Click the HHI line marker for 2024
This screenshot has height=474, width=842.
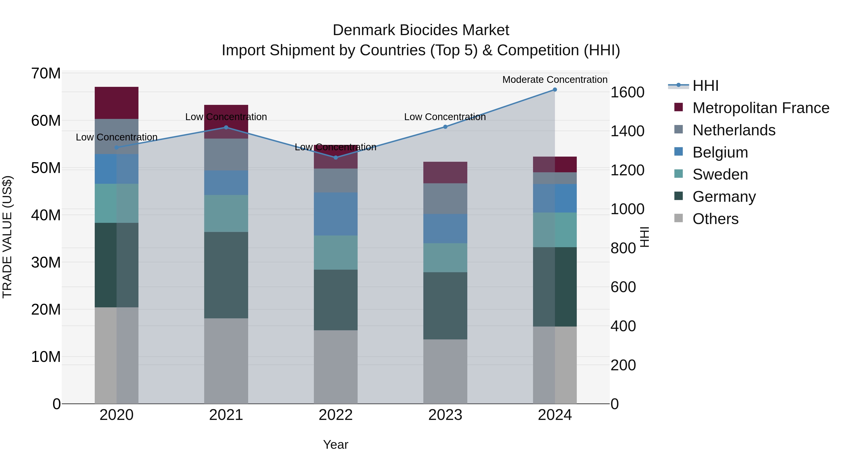pos(555,90)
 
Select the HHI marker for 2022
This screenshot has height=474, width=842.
pos(336,158)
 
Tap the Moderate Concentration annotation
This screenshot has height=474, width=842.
pos(555,80)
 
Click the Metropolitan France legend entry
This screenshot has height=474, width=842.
pos(761,108)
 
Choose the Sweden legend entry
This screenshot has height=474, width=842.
pos(720,174)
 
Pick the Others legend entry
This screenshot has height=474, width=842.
pos(715,219)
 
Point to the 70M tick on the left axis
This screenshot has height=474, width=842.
pos(46,73)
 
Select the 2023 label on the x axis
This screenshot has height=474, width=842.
pos(445,415)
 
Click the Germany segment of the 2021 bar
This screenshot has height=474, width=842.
pos(226,275)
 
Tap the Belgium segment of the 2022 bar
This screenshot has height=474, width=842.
pos(336,214)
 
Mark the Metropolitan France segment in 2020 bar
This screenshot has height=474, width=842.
pos(117,103)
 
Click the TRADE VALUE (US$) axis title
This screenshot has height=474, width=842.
pos(7,237)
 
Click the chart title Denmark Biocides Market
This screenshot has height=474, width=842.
pos(421,30)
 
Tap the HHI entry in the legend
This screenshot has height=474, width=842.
pos(705,86)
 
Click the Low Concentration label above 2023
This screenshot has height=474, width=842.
pos(445,117)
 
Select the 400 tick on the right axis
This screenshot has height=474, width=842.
pos(623,326)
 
